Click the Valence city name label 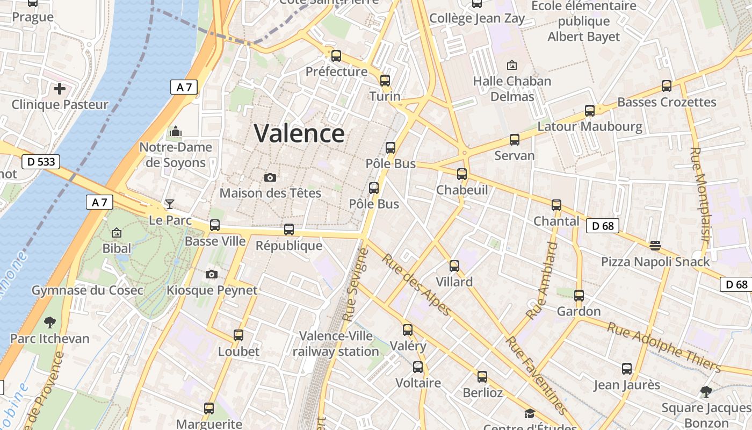299,133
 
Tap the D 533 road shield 41,161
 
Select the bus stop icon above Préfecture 336,55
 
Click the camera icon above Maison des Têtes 270,177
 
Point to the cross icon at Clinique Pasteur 60,88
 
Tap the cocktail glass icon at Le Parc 170,204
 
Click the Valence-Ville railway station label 336,344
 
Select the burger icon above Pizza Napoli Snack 655,246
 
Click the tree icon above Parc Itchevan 50,322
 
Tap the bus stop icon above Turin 385,81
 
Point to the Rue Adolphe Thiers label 664,347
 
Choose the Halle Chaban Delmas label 512,89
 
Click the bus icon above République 289,230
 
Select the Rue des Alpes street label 416,285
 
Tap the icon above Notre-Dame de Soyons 176,131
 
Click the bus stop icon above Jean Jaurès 627,369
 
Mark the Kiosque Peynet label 212,290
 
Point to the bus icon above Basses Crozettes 667,86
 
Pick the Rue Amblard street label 543,281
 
